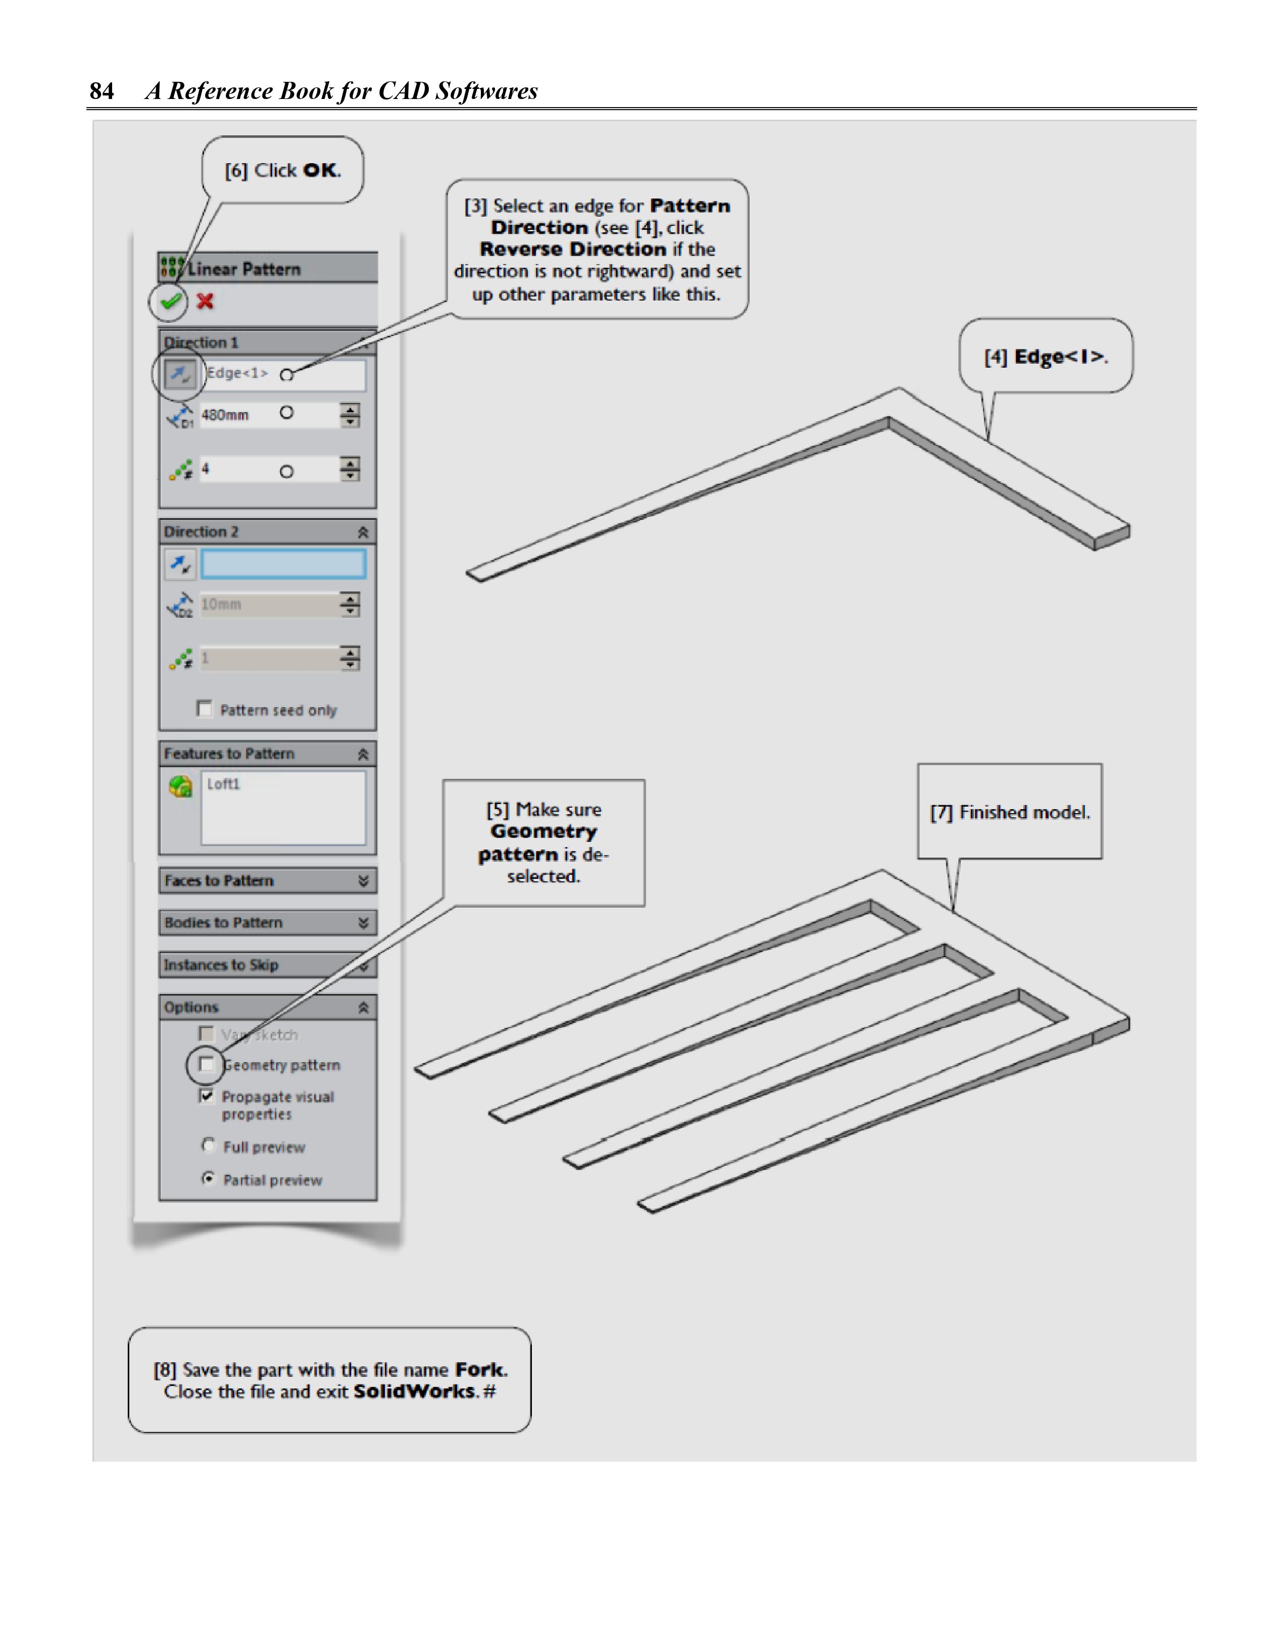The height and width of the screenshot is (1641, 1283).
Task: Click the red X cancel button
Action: pos(205,302)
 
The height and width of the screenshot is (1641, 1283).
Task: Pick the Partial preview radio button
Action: pos(208,1178)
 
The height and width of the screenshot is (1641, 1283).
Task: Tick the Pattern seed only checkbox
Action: pos(204,709)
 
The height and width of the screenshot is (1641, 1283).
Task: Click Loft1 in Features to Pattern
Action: pos(223,784)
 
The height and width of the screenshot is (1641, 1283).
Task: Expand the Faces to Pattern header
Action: pos(267,881)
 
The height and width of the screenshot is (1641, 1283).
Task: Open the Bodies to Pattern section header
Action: pos(267,923)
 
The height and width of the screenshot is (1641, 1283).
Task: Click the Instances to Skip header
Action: pos(267,965)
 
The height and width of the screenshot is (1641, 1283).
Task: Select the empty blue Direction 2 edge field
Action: pos(283,564)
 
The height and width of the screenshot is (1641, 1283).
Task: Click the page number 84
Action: pos(102,91)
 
